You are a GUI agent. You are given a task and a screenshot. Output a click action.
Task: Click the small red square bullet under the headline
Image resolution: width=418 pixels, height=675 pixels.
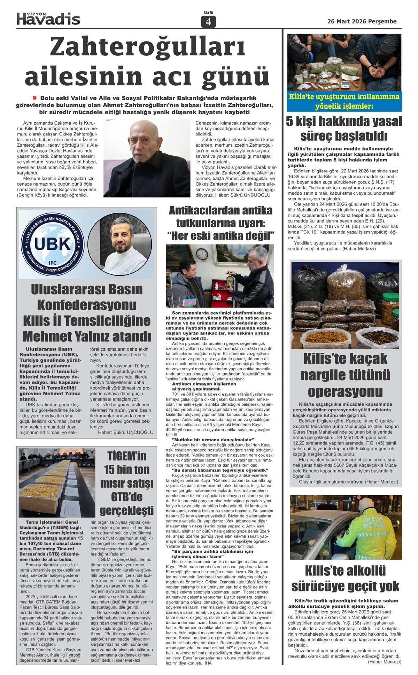point(35,98)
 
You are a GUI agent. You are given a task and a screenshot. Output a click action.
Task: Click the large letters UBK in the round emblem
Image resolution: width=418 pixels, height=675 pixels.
point(53,244)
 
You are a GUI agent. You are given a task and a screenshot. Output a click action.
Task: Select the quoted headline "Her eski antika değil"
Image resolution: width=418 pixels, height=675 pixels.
point(221,236)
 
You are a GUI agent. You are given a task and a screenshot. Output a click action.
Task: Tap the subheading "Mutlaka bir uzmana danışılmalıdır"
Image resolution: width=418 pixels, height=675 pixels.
point(213,440)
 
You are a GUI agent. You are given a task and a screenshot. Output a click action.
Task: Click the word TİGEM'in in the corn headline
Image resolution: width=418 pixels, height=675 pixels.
point(126,456)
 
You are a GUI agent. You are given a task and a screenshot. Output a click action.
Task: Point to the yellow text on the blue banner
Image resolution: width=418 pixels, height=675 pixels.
point(344,101)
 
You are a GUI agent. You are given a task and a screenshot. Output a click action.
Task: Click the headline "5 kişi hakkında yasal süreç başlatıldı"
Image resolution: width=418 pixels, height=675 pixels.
point(344,128)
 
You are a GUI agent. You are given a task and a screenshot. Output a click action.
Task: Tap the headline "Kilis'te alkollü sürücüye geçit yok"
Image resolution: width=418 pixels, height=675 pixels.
point(345,579)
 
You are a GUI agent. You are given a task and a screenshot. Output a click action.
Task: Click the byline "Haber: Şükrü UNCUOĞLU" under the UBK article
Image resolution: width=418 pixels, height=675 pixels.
point(125,432)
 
